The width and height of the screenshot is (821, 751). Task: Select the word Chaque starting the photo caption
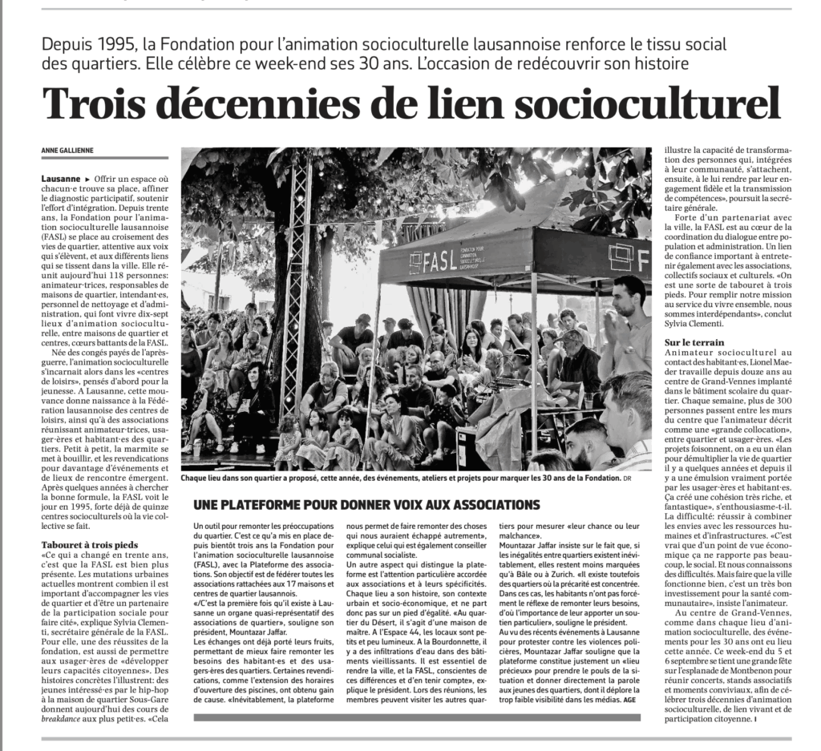197,478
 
